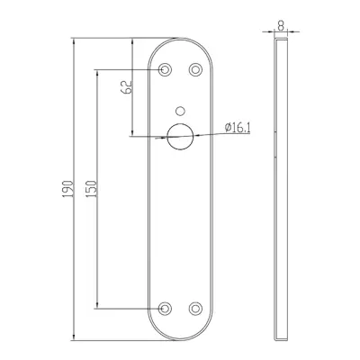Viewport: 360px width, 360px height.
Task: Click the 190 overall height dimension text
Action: [x=66, y=188]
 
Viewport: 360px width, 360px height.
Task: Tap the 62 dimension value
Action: [x=126, y=87]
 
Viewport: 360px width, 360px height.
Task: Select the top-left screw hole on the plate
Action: [x=164, y=70]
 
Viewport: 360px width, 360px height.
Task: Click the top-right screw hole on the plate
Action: [x=194, y=70]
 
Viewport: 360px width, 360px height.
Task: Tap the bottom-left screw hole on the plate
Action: [x=164, y=308]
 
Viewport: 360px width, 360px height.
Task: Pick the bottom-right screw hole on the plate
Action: [x=194, y=308]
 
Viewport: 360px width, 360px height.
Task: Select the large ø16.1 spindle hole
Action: [x=179, y=137]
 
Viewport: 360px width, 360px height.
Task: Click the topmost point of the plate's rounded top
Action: [x=179, y=39]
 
